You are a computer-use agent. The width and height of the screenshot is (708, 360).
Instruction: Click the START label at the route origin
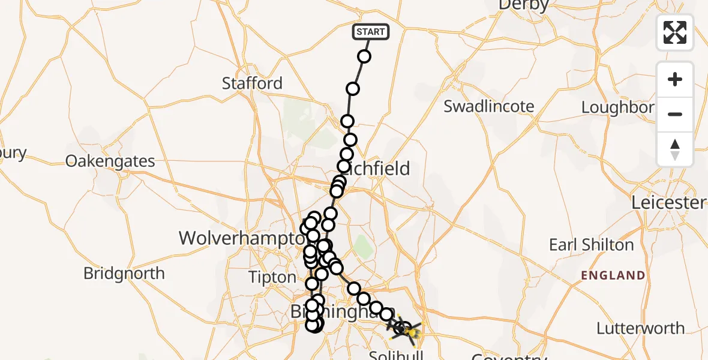coord(370,31)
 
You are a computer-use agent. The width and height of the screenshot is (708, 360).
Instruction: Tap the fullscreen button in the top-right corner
coord(675,32)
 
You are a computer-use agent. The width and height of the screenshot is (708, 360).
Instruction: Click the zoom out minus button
coord(675,114)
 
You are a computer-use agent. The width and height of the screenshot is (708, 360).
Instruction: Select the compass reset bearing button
coord(675,149)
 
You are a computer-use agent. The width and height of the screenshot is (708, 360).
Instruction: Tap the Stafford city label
coord(252,83)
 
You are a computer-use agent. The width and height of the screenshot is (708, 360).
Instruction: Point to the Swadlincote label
coord(488,107)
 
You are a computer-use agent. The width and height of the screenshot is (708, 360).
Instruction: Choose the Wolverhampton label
coord(241,238)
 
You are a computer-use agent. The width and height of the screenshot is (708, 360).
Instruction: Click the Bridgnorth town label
coord(124,274)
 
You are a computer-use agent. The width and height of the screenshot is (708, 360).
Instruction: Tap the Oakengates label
coord(110,161)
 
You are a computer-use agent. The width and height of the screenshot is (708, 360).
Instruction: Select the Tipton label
coord(273,278)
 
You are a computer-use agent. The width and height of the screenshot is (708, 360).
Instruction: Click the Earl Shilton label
coord(591,245)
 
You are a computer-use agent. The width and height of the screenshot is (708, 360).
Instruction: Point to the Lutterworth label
coord(640,328)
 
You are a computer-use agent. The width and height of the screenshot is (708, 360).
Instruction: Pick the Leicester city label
coord(668,203)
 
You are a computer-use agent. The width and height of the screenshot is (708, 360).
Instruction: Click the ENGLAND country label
coord(613,276)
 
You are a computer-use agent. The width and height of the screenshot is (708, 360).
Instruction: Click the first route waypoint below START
coord(364,57)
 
